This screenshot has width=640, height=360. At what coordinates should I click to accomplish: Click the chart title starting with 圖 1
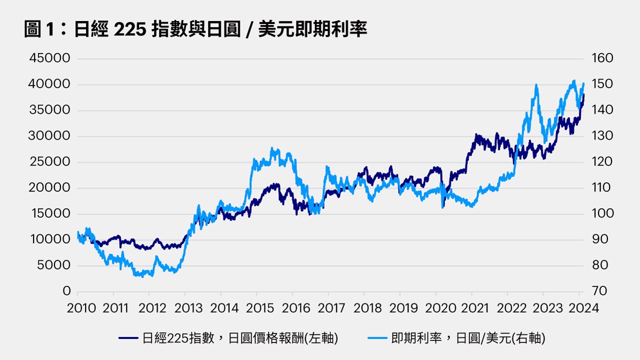click(195, 29)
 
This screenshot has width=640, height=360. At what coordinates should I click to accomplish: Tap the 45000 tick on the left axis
click(49, 58)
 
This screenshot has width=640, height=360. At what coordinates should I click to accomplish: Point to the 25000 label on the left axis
click(49, 162)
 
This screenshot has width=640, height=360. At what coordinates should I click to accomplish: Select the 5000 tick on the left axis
click(53, 265)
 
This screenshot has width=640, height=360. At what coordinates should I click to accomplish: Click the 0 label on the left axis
click(66, 291)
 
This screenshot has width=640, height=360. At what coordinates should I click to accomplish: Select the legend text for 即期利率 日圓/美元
click(468, 338)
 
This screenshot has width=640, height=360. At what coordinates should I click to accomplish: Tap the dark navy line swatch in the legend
click(128, 338)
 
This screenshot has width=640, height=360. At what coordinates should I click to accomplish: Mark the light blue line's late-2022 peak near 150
click(536, 85)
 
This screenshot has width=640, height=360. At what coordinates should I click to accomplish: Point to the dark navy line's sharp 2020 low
click(442, 206)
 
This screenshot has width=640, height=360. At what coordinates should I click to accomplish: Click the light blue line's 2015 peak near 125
click(272, 149)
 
